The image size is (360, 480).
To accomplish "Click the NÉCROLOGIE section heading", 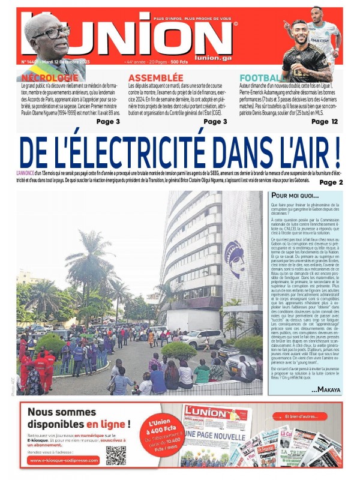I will [50, 78].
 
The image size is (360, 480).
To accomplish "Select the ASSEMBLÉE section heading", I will [155, 78].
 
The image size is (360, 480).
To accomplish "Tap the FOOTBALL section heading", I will [262, 78].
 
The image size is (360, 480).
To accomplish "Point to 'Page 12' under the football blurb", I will [325, 121].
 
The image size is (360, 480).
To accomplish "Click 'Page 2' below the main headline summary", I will [331, 182].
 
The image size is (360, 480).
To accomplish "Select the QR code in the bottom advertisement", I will [116, 455].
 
